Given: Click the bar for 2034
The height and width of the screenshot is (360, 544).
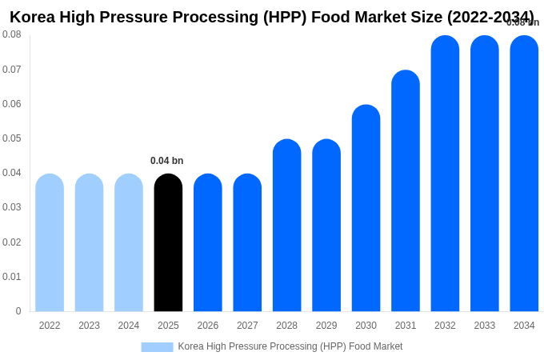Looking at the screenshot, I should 524,174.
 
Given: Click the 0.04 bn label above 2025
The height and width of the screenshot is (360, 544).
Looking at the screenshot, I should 166,161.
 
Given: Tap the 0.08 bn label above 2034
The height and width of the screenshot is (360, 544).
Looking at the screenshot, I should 523,22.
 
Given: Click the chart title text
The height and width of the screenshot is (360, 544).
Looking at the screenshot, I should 271,17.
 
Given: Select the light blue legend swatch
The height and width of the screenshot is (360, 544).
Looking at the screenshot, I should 157,346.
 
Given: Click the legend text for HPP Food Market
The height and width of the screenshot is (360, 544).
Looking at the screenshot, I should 290,346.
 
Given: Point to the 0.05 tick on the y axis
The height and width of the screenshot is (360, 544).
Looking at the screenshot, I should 12,138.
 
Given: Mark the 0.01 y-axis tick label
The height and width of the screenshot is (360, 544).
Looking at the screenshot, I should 12,277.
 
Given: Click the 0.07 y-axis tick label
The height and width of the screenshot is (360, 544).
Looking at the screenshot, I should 12,70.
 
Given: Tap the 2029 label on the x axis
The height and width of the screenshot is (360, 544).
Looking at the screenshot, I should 326,326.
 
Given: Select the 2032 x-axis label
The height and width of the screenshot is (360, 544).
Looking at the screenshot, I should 445,326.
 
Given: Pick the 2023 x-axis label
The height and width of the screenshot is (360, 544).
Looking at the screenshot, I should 89,326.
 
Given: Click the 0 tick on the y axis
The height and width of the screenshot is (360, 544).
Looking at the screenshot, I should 18,311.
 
